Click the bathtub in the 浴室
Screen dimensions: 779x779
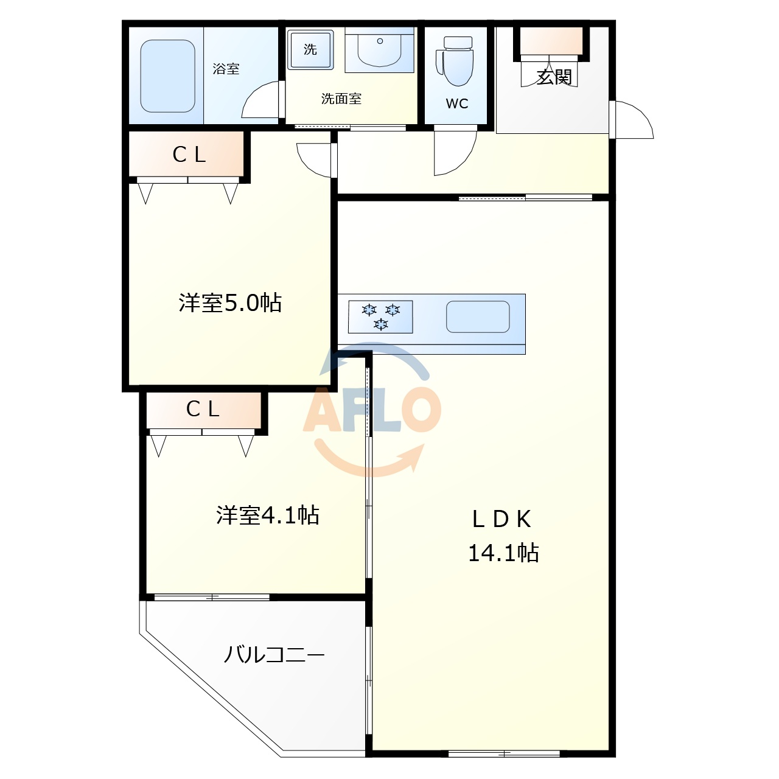click(168, 76)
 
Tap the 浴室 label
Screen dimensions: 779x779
click(226, 69)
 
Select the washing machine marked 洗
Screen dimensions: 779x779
click(310, 49)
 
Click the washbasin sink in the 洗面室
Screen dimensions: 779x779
click(379, 50)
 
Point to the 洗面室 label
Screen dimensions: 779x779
click(341, 99)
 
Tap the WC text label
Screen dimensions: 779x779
click(457, 103)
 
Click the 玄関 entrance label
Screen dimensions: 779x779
click(554, 77)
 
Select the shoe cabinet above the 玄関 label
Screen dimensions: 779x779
click(551, 41)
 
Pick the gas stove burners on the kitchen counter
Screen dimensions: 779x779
click(380, 316)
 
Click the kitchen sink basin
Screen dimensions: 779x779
click(478, 316)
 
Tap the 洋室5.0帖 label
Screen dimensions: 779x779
click(230, 302)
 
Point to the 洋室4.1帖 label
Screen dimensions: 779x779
click(268, 515)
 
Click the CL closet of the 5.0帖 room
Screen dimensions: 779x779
click(189, 155)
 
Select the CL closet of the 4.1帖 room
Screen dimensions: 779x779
click(203, 409)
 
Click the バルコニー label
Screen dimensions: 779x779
click(274, 655)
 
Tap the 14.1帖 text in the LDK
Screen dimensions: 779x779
click(503, 553)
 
